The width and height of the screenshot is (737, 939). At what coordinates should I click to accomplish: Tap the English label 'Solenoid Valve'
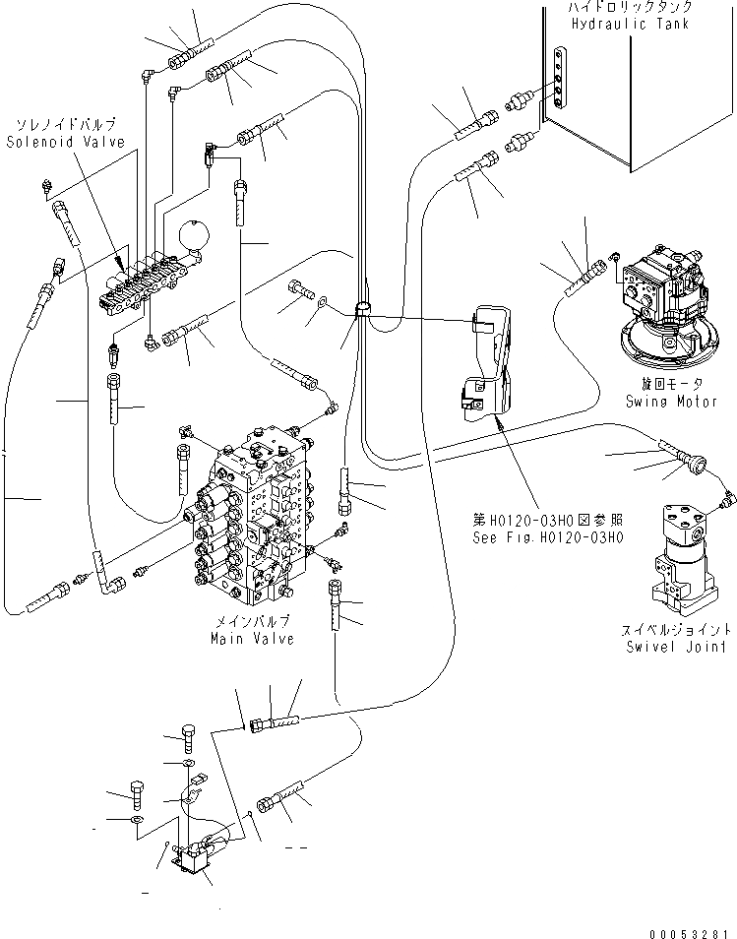tap(65, 142)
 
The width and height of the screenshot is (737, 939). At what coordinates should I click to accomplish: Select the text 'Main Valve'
tap(252, 639)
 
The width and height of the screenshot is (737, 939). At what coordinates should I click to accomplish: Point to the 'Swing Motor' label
tap(665, 402)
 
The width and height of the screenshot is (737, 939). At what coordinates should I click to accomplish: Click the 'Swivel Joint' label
tap(675, 647)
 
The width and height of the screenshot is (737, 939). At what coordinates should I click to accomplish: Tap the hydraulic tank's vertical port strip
tap(560, 77)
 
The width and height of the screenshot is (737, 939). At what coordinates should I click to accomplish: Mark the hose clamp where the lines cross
tap(360, 310)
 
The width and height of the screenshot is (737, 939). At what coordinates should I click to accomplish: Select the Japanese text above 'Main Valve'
tap(252, 623)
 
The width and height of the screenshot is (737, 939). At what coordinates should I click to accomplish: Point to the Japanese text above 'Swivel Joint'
tap(675, 630)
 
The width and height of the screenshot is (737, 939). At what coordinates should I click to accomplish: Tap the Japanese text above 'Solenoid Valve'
tap(65, 125)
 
